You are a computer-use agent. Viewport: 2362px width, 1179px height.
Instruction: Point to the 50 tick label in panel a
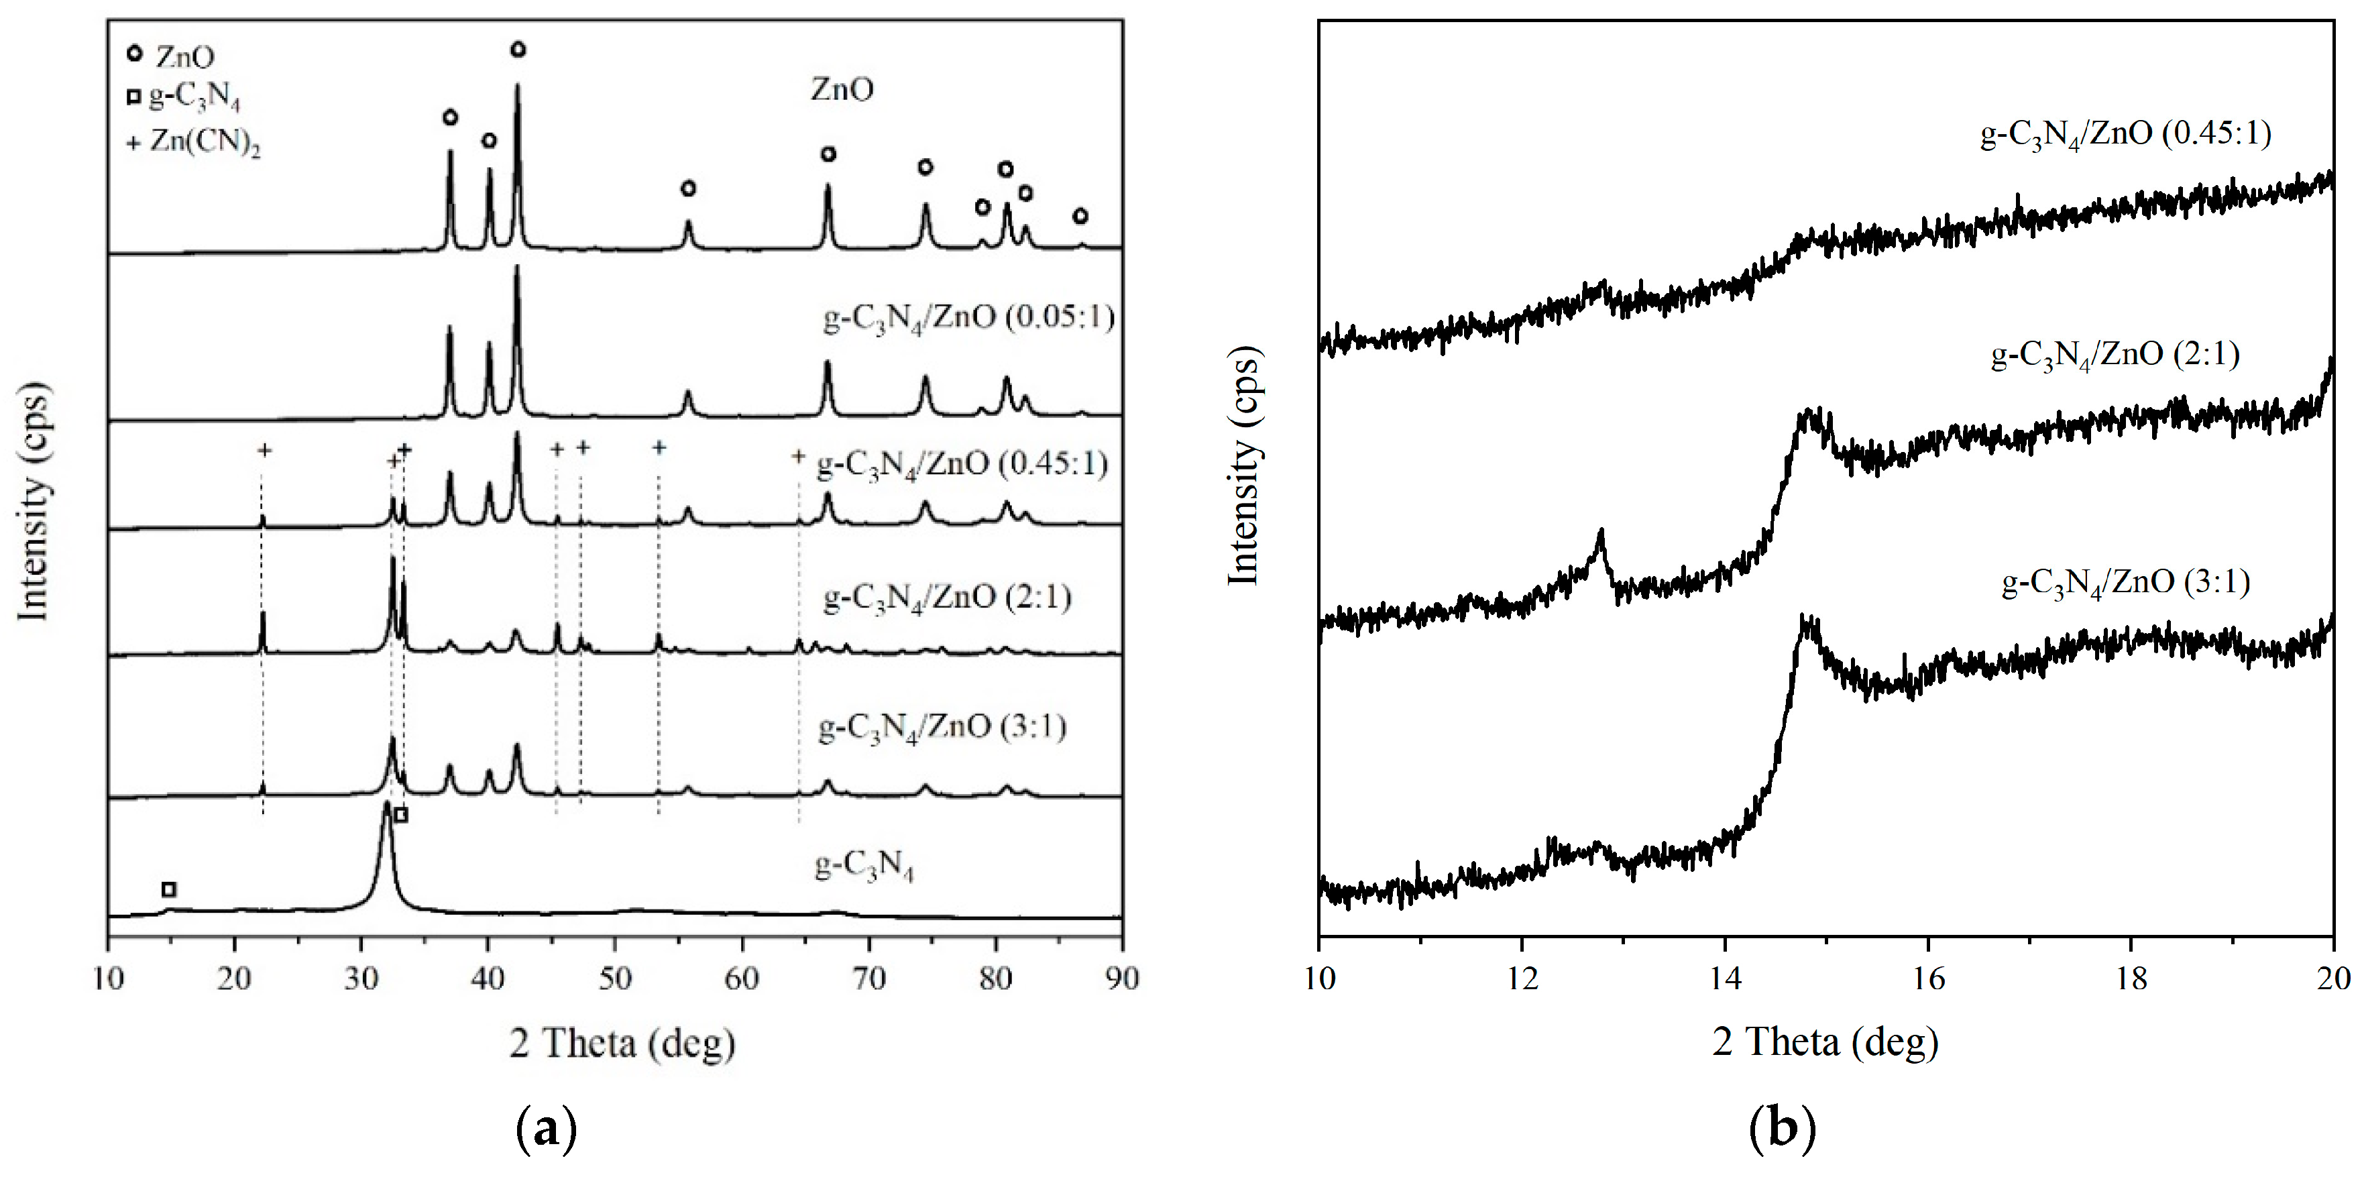(x=614, y=979)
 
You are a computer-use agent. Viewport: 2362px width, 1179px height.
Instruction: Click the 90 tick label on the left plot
(x=1121, y=979)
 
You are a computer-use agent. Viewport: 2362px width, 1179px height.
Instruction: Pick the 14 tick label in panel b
(x=1725, y=979)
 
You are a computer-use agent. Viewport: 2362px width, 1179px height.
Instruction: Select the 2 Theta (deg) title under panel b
(x=1825, y=1042)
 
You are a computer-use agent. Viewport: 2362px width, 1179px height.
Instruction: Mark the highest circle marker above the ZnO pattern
(x=518, y=50)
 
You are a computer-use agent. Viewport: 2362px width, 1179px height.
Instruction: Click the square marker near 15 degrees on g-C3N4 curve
(x=169, y=889)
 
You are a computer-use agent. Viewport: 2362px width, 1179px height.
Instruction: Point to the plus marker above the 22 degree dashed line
(x=264, y=450)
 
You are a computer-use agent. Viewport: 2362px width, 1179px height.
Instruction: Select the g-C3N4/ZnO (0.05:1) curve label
(x=968, y=318)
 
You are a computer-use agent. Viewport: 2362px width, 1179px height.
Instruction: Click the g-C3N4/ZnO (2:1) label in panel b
(x=2115, y=355)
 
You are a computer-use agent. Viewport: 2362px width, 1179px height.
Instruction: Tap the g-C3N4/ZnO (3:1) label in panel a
(x=942, y=728)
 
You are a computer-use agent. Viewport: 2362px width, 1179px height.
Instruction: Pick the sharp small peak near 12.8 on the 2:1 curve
(x=1601, y=534)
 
